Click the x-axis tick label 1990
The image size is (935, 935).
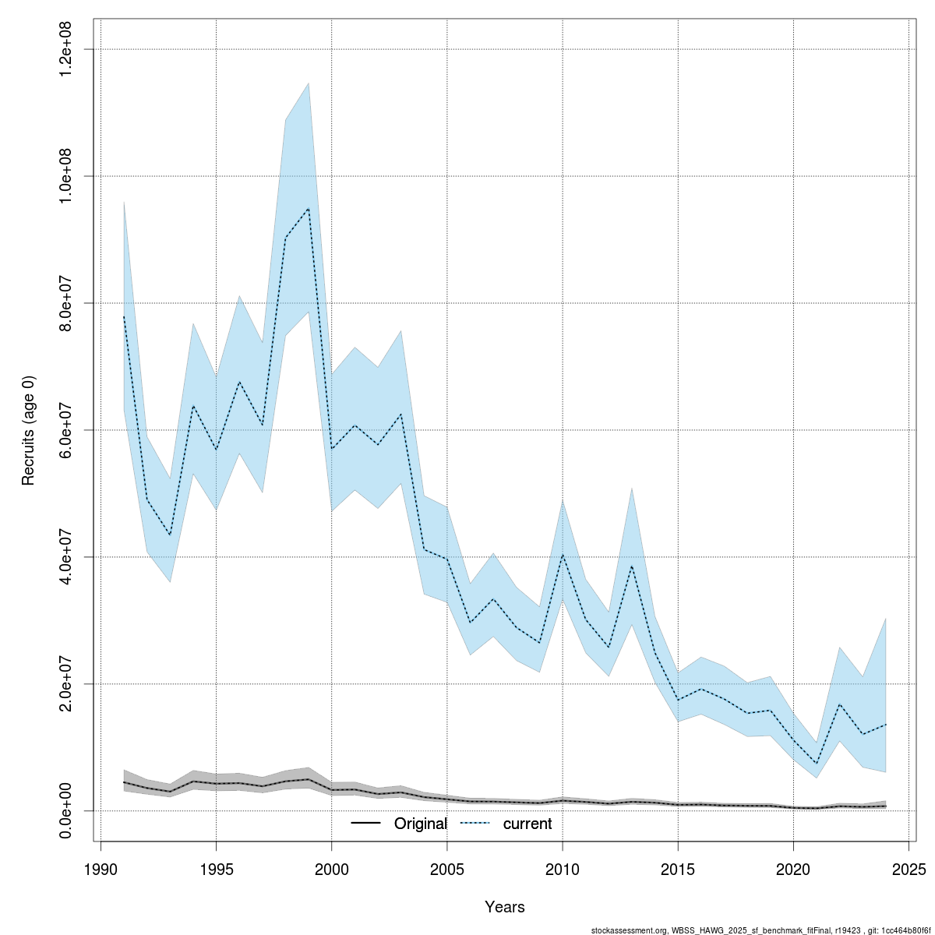(x=101, y=869)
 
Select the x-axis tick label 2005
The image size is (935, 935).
(x=447, y=869)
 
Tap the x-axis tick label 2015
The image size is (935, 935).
(x=678, y=869)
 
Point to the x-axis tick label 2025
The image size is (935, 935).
(x=909, y=869)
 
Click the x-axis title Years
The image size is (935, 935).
(x=505, y=907)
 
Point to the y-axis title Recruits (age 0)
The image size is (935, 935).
(x=29, y=430)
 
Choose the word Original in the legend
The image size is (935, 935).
(x=421, y=824)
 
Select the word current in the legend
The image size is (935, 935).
(x=527, y=824)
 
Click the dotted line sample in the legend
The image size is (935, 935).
(x=477, y=824)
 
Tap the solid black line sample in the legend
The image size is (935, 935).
(x=365, y=824)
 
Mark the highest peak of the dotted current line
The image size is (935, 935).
(x=309, y=209)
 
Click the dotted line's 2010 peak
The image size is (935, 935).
(x=563, y=554)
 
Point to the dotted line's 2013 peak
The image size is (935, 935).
(x=632, y=566)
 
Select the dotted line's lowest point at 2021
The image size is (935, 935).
(x=816, y=764)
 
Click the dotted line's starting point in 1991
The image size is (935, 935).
(x=124, y=316)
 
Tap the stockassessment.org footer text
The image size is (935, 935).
(x=760, y=930)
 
